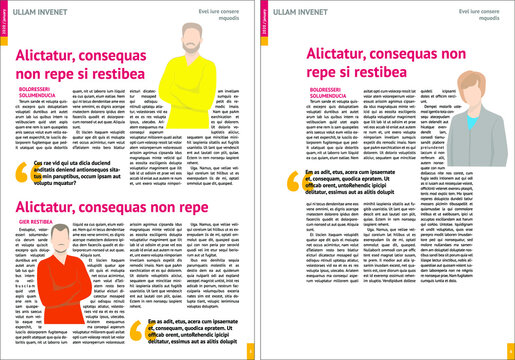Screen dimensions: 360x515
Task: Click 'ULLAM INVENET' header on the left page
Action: [x=45, y=11]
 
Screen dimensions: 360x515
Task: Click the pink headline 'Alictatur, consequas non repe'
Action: [x=95, y=232]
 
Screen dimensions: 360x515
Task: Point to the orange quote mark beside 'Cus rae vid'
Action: [x=25, y=197]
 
